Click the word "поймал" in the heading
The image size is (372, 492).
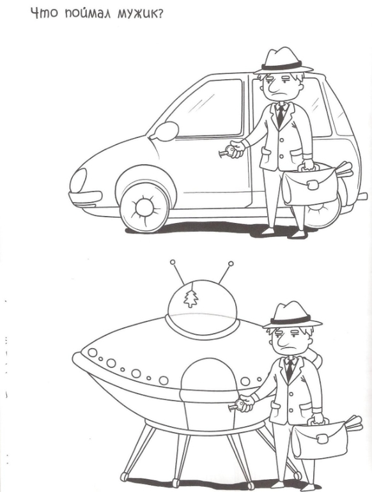88,14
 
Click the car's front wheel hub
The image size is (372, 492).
144,208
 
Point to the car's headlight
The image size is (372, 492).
78,181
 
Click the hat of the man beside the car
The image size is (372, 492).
283,61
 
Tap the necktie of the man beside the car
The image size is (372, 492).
281,116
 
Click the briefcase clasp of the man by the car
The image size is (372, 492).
313,185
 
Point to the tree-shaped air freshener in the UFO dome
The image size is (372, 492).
191,298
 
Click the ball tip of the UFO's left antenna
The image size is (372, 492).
173,262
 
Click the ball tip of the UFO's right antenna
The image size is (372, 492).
231,264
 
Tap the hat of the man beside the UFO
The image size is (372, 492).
292,316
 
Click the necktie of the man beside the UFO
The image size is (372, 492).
290,370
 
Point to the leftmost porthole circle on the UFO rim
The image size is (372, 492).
92,353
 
